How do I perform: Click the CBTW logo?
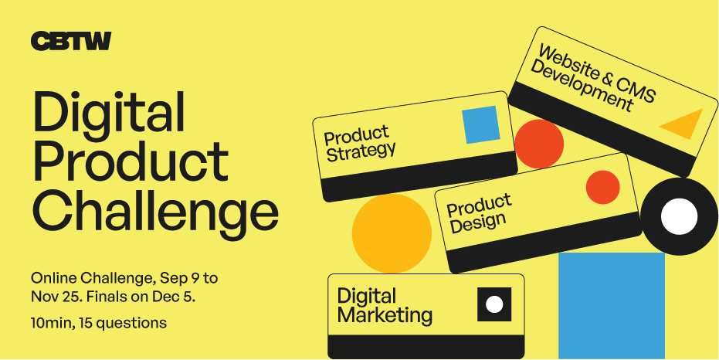coord(70,41)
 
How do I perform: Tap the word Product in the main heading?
coord(131,161)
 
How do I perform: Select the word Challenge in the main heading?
coord(155,212)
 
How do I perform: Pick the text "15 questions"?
coord(123,323)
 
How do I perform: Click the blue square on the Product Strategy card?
coord(480,124)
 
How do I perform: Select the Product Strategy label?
coord(359,144)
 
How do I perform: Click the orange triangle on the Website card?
coord(684,124)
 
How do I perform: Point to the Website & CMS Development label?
coord(593,78)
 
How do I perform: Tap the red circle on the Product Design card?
coord(602,187)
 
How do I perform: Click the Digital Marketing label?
coord(385,306)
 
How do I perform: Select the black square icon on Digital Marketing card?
coord(494,304)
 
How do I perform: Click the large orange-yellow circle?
coord(392,233)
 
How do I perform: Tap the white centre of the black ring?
coord(679,216)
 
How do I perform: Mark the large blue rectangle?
coord(611,305)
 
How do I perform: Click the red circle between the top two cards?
coord(539,144)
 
